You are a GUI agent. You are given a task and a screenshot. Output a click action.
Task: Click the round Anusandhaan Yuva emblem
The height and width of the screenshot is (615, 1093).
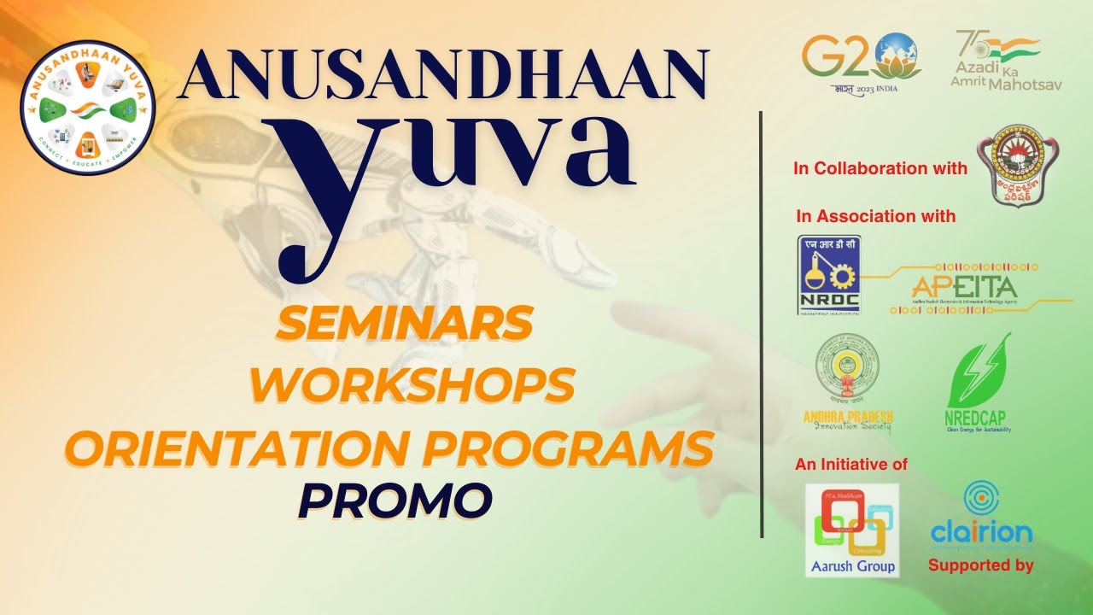tap(87, 107)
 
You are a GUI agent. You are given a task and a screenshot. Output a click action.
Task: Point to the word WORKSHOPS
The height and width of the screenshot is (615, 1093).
tap(412, 385)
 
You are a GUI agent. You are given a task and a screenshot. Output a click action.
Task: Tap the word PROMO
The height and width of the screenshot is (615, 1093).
tap(395, 501)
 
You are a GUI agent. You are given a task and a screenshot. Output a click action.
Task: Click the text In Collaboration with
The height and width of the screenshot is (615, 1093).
tap(880, 168)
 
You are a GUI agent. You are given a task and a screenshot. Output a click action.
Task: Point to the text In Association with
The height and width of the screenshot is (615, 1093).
tap(875, 216)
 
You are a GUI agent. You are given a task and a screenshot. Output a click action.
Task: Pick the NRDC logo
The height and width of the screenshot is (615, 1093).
tap(828, 275)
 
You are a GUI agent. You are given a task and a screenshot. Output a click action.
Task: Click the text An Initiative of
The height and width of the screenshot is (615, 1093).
tap(850, 465)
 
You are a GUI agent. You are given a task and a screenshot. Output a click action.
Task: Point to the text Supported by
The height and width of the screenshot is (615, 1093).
tap(980, 565)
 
